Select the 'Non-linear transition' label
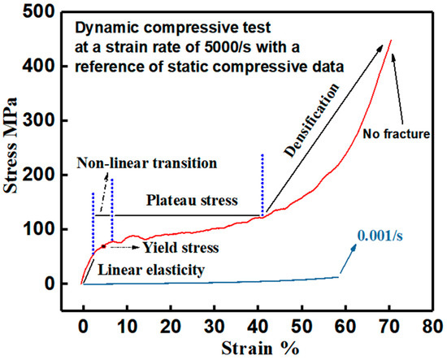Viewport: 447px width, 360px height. pyautogui.click(x=147, y=163)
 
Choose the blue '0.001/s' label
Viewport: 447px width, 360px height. pyautogui.click(x=379, y=236)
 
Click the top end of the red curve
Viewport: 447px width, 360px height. pyautogui.click(x=391, y=40)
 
